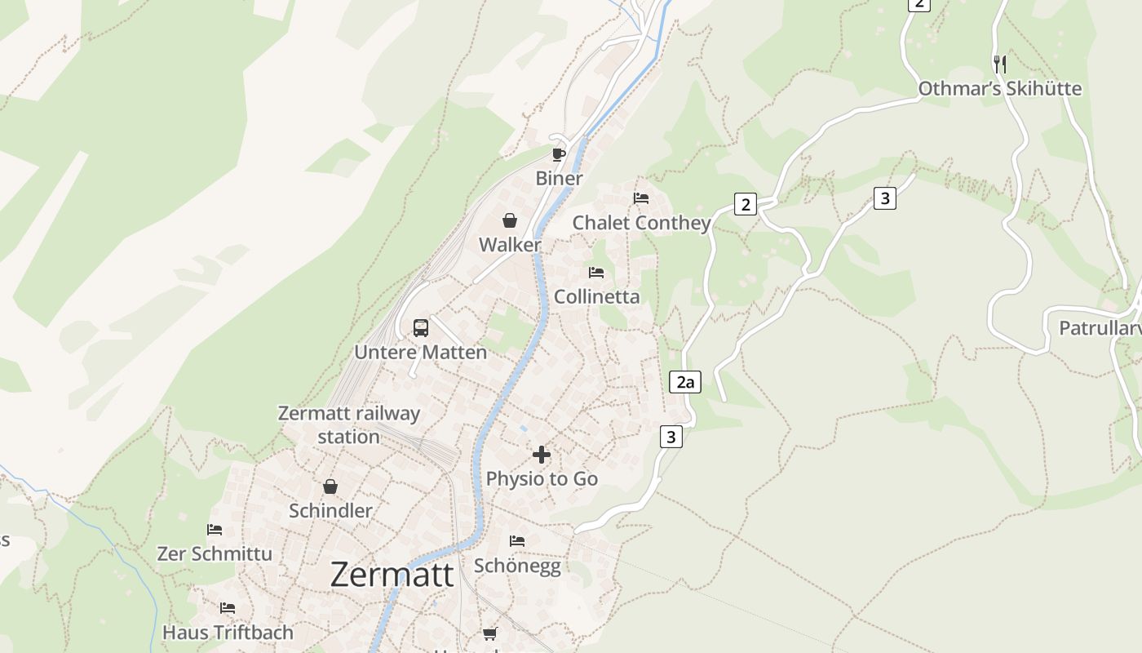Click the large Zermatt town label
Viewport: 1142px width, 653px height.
pyautogui.click(x=392, y=575)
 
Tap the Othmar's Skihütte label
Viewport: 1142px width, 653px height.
pyautogui.click(x=1000, y=88)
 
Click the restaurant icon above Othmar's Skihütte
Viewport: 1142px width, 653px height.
pyautogui.click(x=1000, y=64)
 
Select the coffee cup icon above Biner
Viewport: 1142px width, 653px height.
pyautogui.click(x=559, y=154)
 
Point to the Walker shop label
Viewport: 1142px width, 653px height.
pyautogui.click(x=510, y=245)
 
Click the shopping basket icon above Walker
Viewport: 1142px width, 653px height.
pyautogui.click(x=510, y=220)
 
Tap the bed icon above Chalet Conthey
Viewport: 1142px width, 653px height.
pyautogui.click(x=641, y=198)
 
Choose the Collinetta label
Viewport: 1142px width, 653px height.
pyautogui.click(x=597, y=296)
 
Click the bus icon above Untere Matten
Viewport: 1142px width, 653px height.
pyautogui.click(x=421, y=328)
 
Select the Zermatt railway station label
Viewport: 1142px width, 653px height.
pyautogui.click(x=349, y=424)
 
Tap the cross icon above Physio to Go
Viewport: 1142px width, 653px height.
pyautogui.click(x=542, y=455)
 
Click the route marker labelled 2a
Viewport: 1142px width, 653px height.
pyautogui.click(x=685, y=381)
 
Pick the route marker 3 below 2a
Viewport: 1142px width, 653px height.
pyautogui.click(x=671, y=437)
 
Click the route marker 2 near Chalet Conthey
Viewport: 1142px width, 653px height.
pyautogui.click(x=745, y=204)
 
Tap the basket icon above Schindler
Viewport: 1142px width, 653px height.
pyautogui.click(x=330, y=486)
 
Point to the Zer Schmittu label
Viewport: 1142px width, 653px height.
pyautogui.click(x=215, y=553)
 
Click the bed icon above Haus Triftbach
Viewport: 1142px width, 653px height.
pyautogui.click(x=228, y=608)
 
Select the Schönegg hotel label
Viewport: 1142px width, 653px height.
pyautogui.click(x=518, y=566)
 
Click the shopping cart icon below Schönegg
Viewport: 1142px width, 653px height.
pyautogui.click(x=489, y=633)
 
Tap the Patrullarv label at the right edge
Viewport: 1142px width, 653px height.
pyautogui.click(x=1100, y=328)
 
